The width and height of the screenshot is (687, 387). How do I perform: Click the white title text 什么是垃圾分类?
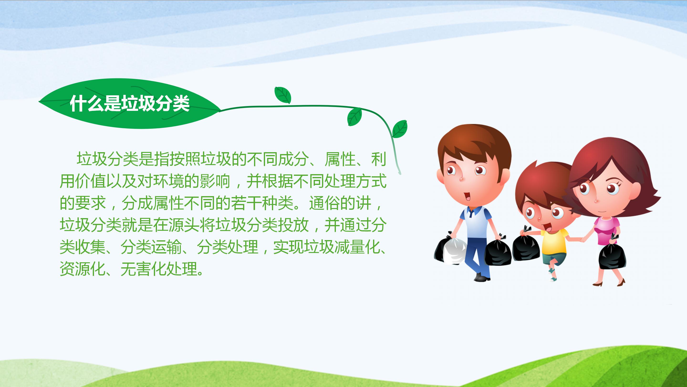click(x=130, y=104)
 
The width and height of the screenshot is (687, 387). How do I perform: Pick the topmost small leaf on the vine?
click(x=283, y=95)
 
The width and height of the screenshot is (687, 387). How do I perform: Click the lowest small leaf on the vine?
click(x=400, y=129)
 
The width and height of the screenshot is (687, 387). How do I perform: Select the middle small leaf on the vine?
click(x=355, y=117)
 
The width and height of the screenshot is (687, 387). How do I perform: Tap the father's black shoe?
click(x=482, y=278)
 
